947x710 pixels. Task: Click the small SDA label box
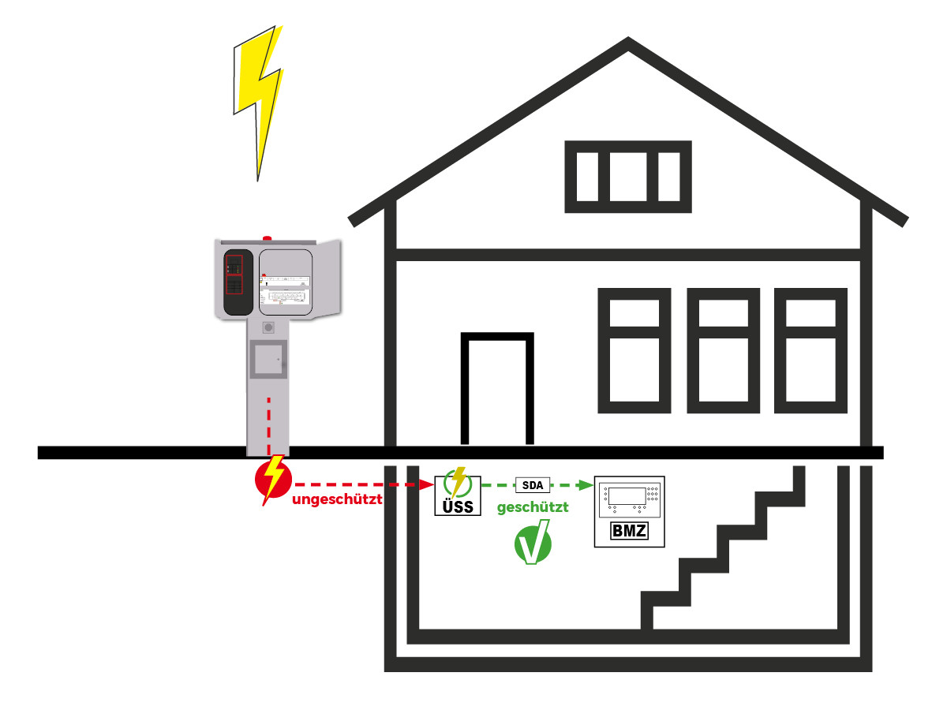[532, 485]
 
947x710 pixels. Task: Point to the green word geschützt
[533, 508]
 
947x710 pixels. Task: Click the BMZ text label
[629, 531]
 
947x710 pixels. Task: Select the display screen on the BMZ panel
[629, 498]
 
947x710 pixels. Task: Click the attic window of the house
[628, 177]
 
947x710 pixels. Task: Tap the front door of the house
[497, 390]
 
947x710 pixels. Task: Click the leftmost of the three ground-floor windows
[634, 350]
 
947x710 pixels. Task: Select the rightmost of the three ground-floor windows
[811, 350]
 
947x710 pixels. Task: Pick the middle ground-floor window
[723, 350]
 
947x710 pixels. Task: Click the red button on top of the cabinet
[267, 237]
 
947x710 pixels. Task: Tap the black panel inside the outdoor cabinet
[235, 282]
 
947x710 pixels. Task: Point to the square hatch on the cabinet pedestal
[267, 360]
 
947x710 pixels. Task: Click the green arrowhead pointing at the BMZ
[586, 485]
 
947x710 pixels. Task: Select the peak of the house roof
[628, 43]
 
